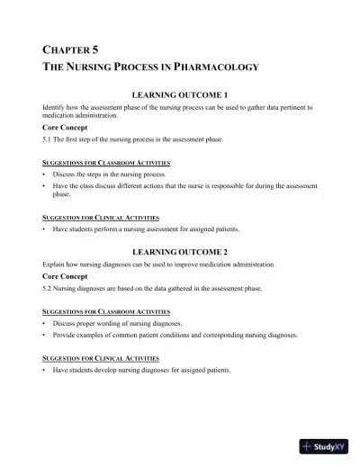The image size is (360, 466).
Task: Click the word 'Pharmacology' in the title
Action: coord(216,67)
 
